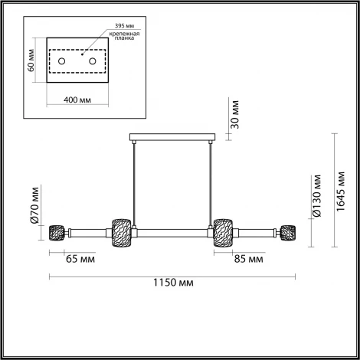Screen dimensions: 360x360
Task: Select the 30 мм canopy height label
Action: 235,112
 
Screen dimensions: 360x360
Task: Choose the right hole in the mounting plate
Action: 92,60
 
